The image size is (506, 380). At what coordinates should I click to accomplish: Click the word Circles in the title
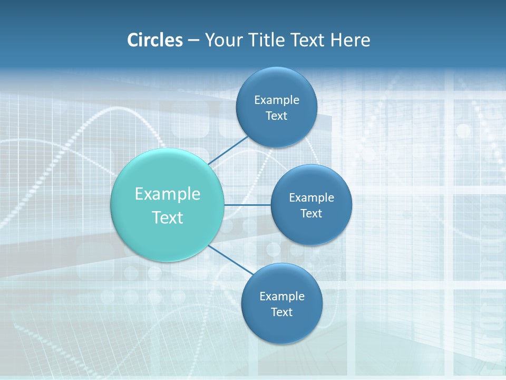click(x=155, y=40)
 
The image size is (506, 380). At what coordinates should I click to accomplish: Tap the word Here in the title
click(x=350, y=40)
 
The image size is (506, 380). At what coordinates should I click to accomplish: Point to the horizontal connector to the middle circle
click(x=247, y=205)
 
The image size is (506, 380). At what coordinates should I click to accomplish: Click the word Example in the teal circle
click(x=168, y=194)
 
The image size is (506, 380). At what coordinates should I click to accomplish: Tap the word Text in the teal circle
click(x=168, y=217)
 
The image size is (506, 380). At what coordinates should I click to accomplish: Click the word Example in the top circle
click(x=277, y=100)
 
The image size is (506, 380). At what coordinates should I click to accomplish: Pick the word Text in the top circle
click(x=276, y=116)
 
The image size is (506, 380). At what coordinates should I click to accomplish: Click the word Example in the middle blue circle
click(x=312, y=197)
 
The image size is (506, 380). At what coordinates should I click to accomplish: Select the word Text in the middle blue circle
click(x=311, y=213)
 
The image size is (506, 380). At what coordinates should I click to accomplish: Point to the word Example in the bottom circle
click(x=282, y=296)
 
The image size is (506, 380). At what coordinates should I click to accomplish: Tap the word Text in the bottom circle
click(x=281, y=312)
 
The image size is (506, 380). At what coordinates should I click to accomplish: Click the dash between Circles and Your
click(x=193, y=41)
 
